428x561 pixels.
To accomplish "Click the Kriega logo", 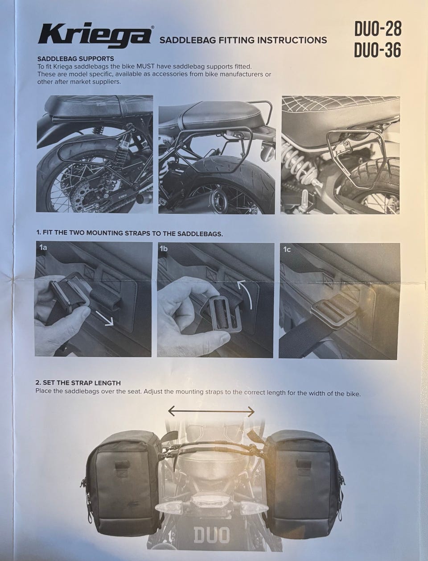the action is [x=95, y=36].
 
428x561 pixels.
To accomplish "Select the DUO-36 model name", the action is [x=378, y=50].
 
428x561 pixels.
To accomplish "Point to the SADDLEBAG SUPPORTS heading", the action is [x=75, y=58].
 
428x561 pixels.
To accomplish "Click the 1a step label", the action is [x=43, y=247].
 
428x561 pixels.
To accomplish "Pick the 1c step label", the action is [x=287, y=249].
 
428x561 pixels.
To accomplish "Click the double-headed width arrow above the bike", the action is [x=211, y=411].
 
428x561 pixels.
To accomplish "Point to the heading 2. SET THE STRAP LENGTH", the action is [x=78, y=383].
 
